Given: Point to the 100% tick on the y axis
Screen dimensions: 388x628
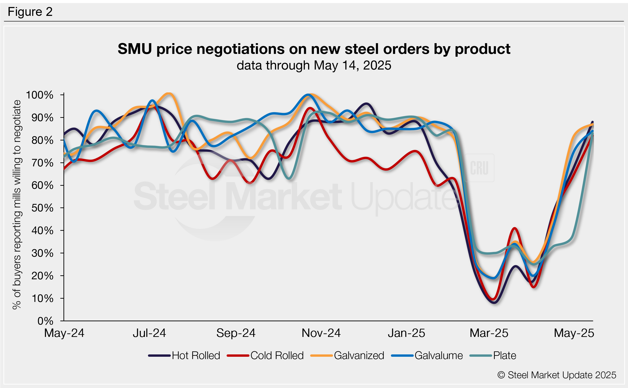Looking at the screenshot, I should (x=40, y=95).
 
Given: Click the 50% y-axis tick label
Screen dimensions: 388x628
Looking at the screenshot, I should (x=42, y=208).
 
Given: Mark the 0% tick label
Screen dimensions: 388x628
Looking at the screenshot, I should (x=45, y=321).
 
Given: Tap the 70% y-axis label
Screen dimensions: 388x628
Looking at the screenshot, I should (x=42, y=163).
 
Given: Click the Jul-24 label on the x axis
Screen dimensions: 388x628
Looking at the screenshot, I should (x=149, y=333).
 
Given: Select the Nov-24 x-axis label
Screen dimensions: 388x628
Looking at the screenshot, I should (x=321, y=333).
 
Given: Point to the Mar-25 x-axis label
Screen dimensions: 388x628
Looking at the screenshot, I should (x=489, y=333).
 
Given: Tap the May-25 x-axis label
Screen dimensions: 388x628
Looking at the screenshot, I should (x=574, y=333).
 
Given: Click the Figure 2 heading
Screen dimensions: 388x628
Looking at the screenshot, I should (x=30, y=12).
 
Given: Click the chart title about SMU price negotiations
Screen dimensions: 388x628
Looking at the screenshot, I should (x=314, y=49).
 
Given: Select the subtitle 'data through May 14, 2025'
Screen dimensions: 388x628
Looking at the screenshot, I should (x=314, y=65).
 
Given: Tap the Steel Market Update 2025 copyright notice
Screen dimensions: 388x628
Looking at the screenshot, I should (x=557, y=375).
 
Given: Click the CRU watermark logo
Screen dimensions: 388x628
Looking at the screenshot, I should (x=479, y=168).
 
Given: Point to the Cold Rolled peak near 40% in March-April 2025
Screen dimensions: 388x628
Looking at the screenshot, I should (x=514, y=228).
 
